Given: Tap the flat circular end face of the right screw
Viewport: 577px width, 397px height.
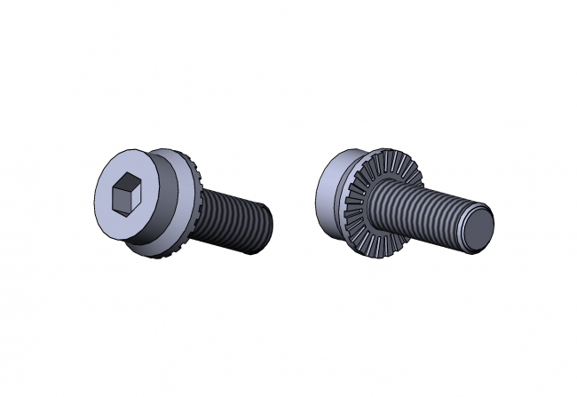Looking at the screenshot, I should tap(479, 227).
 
